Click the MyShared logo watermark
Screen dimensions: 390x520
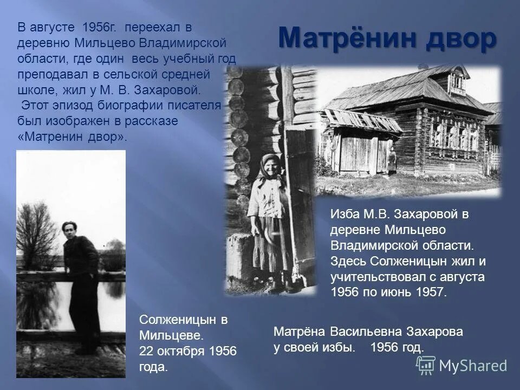tap(465, 366)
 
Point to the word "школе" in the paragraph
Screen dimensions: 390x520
tap(36, 89)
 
